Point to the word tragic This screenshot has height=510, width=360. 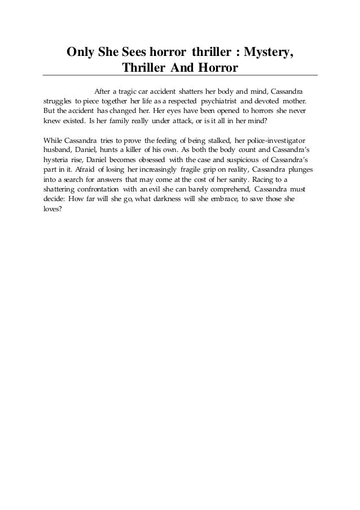point(129,90)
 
